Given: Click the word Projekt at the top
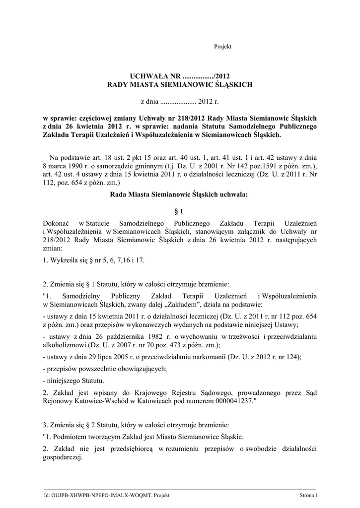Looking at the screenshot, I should coord(222,47).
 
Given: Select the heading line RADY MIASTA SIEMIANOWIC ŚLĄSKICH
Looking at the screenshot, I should coord(180,85).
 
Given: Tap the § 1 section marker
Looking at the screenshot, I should coord(180,211).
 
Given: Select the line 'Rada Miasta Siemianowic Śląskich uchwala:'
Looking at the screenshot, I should coord(180,195).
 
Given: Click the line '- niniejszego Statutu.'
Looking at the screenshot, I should coord(74,381).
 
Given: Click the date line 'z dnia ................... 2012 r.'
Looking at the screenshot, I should coord(180,101).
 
